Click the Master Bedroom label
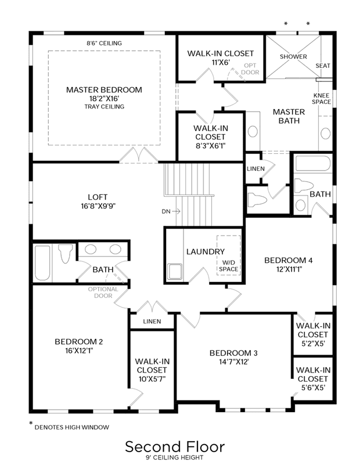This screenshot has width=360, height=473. [104, 90]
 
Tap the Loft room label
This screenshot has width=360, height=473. [98, 197]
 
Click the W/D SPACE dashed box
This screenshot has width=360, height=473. [228, 255]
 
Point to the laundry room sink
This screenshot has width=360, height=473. [175, 272]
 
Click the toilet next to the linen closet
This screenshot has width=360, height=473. [257, 200]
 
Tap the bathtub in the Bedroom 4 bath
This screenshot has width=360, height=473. [312, 163]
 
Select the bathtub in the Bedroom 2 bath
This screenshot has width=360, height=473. [42, 263]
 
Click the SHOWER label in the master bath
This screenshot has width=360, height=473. [293, 57]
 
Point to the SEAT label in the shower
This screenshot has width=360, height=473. [323, 66]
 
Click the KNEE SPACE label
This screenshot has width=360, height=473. [321, 99]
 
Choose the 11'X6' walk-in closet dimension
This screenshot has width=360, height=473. [221, 63]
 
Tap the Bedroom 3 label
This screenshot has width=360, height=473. [233, 353]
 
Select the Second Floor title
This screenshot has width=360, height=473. [175, 446]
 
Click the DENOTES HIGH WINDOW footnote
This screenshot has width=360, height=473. [72, 427]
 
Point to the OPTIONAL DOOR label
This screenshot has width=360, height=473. [103, 293]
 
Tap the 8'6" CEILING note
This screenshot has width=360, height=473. [105, 43]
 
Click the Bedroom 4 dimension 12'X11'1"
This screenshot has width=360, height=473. [289, 269]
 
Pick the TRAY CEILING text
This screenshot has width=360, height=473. [105, 106]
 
